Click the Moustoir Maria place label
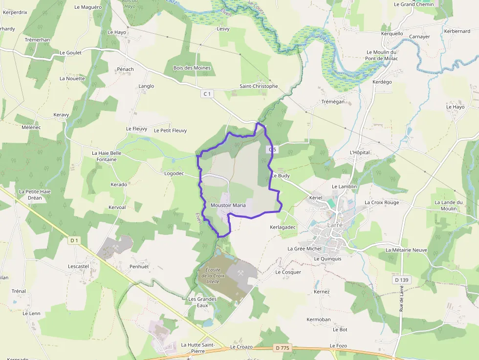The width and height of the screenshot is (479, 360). pyautogui.click(x=228, y=205)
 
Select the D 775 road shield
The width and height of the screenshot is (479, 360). pyautogui.click(x=282, y=348)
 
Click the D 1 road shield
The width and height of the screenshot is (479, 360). pyautogui.click(x=74, y=240)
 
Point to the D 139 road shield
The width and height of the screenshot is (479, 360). pyautogui.click(x=401, y=280)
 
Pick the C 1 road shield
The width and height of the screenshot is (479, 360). pyautogui.click(x=207, y=93)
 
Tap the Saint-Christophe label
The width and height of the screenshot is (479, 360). pyautogui.click(x=259, y=86)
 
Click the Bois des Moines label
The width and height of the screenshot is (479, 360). pyautogui.click(x=192, y=68)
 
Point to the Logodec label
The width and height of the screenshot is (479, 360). pyautogui.click(x=174, y=173)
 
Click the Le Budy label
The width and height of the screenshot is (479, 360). pyautogui.click(x=281, y=175)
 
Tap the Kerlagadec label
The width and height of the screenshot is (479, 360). pyautogui.click(x=283, y=227)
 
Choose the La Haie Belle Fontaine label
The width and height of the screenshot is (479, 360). pyautogui.click(x=107, y=156)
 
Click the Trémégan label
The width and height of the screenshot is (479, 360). pyautogui.click(x=333, y=102)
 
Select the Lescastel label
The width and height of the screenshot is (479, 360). pyautogui.click(x=79, y=266)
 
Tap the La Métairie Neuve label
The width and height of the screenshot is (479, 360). pyautogui.click(x=406, y=250)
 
